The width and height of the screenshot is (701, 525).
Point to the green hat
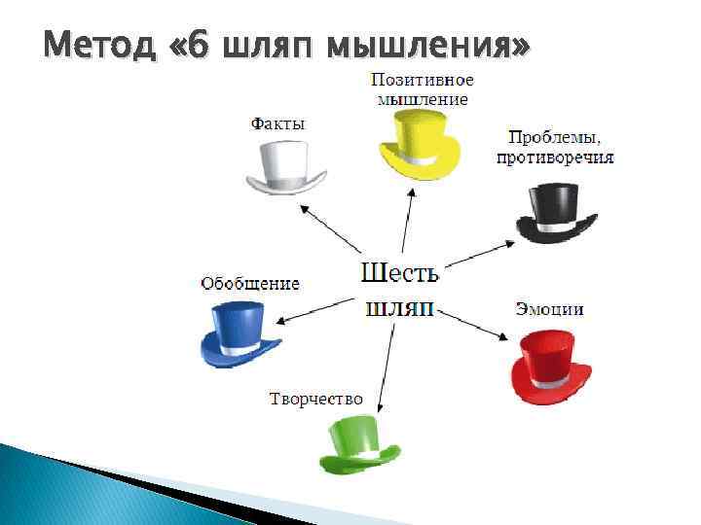(359, 442)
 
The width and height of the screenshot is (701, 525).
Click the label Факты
(277, 123)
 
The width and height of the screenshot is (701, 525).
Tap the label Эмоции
(549, 309)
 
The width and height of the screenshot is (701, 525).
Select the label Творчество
(315, 399)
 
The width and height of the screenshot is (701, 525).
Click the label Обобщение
(250, 284)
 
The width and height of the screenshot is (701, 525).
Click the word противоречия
(555, 157)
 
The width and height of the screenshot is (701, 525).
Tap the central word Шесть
(399, 271)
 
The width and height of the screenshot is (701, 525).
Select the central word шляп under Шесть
(399, 308)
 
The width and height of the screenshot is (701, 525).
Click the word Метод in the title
(97, 45)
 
